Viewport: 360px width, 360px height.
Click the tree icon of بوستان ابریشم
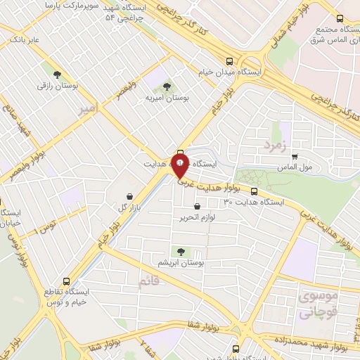[x=181, y=251]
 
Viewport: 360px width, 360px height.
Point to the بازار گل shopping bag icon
[x=129, y=196]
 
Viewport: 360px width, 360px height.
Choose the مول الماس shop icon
[x=295, y=157]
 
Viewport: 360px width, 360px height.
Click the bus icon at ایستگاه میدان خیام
[x=230, y=60]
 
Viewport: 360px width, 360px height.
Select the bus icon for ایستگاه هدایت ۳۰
[x=254, y=191]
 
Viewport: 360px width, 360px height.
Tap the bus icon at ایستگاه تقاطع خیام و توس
[x=66, y=279]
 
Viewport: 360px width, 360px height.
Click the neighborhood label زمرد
[x=276, y=145]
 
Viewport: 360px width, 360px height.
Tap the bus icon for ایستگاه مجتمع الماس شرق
[x=340, y=18]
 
